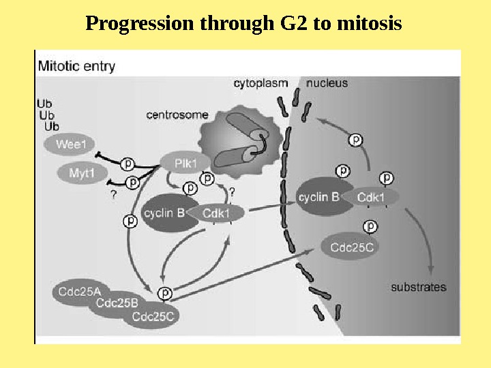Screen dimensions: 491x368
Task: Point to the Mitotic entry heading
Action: [x=76, y=67]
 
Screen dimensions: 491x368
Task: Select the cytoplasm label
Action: [x=261, y=84]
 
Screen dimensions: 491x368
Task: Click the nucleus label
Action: [x=327, y=84]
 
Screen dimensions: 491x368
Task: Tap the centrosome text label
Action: [x=177, y=115]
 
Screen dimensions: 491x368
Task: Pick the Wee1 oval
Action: [x=70, y=144]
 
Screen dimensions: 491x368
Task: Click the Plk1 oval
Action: [x=181, y=164]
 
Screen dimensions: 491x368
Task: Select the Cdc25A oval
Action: [x=76, y=292]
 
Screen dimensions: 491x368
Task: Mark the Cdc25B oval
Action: [x=117, y=304]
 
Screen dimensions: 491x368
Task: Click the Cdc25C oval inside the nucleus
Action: [x=352, y=247]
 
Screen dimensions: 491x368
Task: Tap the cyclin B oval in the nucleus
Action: [x=318, y=198]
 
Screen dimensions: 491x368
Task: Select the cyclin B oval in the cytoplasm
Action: [x=164, y=213]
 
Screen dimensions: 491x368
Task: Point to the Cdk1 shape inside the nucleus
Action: [x=372, y=198]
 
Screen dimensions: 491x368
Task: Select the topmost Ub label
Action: [x=44, y=104]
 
